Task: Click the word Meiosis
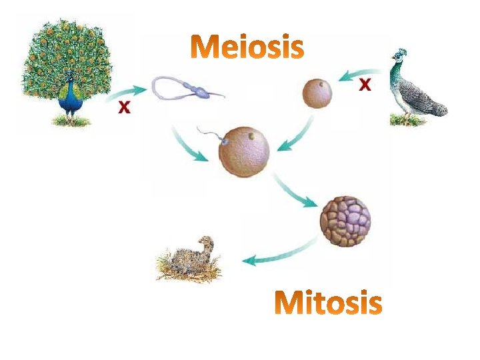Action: click(247, 47)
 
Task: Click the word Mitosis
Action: click(328, 303)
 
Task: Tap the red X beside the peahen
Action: click(365, 84)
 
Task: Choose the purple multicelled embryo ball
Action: click(345, 221)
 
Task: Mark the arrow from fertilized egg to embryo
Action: click(297, 191)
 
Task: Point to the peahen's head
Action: click(400, 57)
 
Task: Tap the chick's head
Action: click(207, 243)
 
